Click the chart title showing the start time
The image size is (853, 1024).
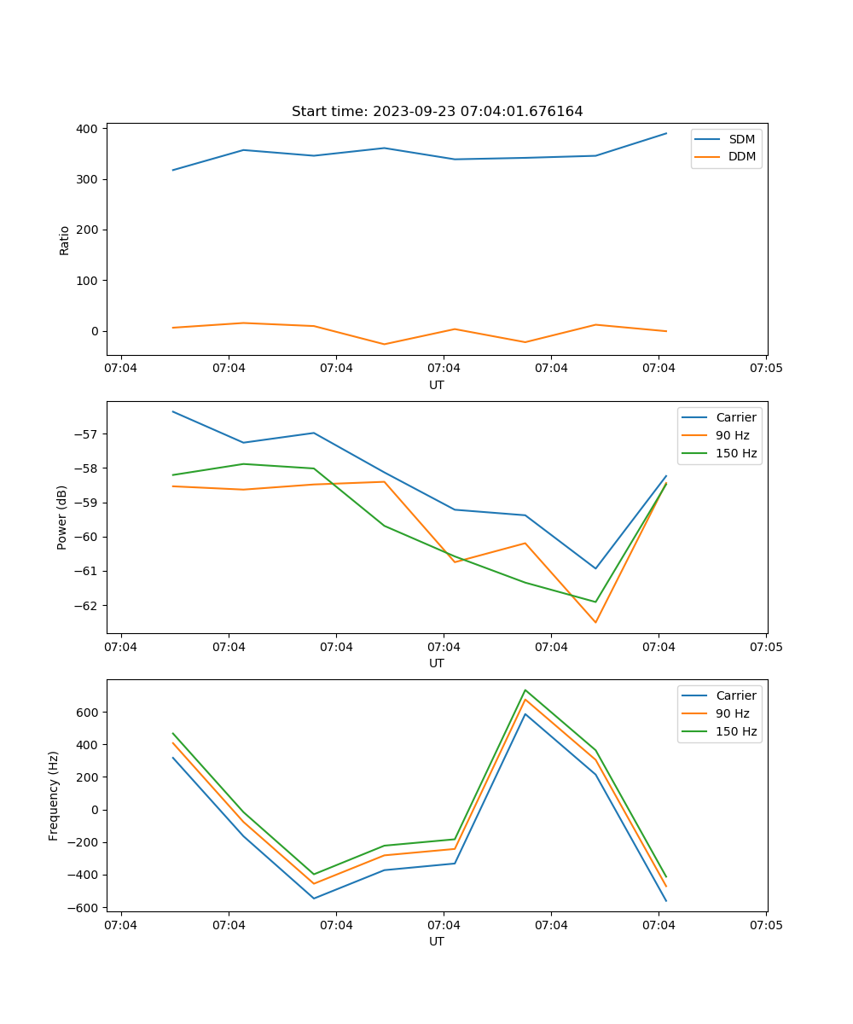437,112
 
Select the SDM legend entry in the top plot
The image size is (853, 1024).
741,139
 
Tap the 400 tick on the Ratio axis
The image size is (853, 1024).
89,129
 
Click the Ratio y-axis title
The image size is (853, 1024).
65,241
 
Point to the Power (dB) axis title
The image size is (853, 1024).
62,517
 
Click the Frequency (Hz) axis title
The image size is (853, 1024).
54,795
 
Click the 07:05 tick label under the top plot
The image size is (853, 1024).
766,369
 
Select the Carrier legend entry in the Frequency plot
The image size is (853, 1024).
736,695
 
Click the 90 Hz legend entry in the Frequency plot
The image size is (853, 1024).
733,713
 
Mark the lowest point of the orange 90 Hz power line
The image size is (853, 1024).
595,622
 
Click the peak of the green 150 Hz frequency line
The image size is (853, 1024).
525,690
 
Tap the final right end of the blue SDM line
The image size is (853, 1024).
666,133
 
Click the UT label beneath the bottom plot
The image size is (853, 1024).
437,941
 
